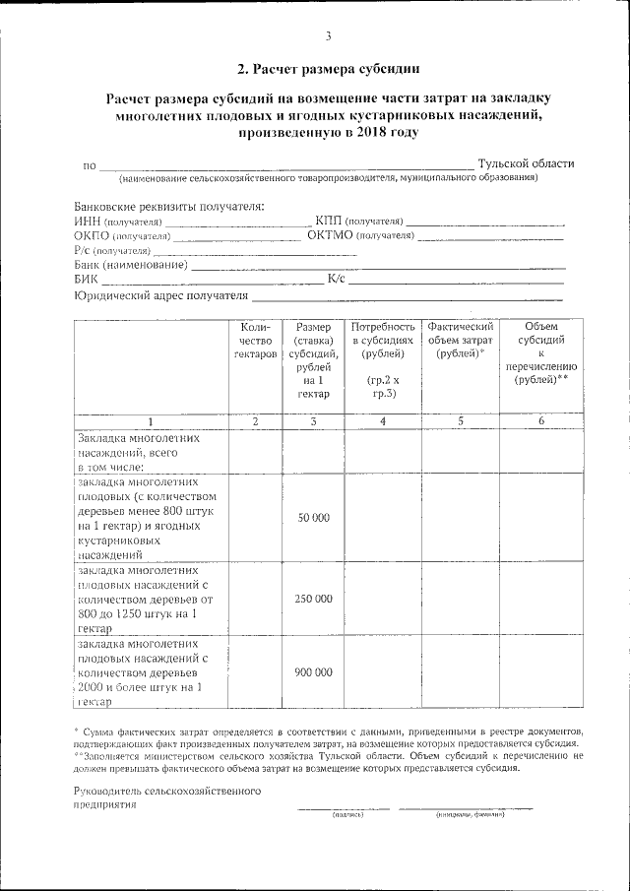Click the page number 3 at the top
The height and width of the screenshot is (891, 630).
[x=328, y=36]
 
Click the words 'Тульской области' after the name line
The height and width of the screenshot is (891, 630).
[x=526, y=163]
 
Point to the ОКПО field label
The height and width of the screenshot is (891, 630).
[x=92, y=235]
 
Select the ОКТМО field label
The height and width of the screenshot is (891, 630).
[x=330, y=235]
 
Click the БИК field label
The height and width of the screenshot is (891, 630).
[x=86, y=280]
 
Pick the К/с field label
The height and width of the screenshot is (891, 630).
[x=336, y=280]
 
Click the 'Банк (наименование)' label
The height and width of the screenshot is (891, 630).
[x=131, y=265]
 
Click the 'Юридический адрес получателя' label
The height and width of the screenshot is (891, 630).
[x=161, y=294]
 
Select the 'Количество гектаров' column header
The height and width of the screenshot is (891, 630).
[x=255, y=340]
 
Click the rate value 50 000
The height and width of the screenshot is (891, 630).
[x=313, y=518]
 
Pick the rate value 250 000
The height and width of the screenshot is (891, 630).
[x=313, y=599]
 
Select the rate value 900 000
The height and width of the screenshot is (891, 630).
[x=313, y=672]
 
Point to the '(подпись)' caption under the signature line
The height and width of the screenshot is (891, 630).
[x=346, y=815]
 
